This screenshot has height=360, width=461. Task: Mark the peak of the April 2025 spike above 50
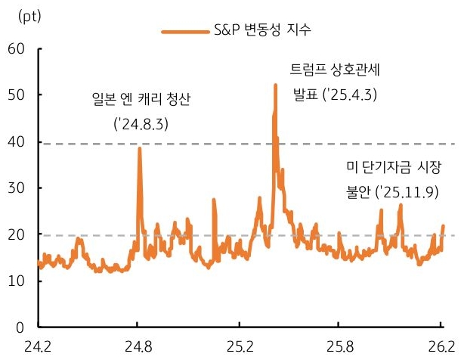(x=275, y=85)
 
